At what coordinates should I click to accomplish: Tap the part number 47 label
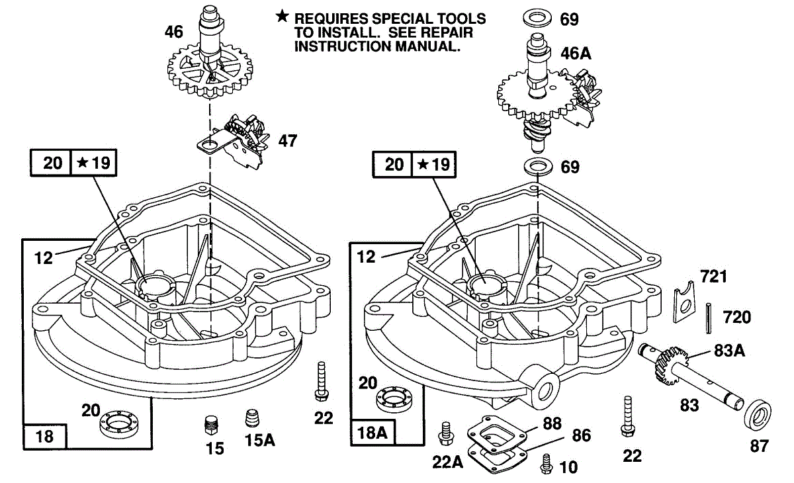click(x=288, y=140)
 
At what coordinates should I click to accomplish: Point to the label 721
click(x=713, y=277)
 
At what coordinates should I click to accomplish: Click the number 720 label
click(x=736, y=318)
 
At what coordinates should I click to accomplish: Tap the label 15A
click(x=260, y=439)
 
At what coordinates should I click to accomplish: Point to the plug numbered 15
click(x=212, y=423)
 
